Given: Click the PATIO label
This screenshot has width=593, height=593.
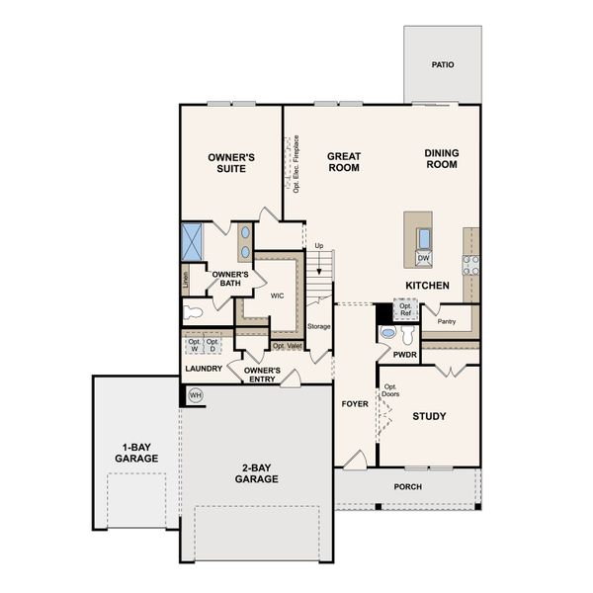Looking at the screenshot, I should point(443,65).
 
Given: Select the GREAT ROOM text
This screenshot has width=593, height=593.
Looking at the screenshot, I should point(344,161).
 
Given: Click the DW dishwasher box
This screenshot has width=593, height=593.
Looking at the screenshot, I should point(423,259).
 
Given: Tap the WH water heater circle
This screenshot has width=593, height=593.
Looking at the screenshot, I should point(195,394).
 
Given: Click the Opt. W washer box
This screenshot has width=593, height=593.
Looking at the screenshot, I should point(194,346).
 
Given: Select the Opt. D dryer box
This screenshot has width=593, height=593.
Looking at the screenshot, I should point(212,346).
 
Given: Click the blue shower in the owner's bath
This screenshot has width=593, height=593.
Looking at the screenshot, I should point(193,240).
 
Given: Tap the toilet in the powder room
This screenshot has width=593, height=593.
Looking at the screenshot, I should point(386,334).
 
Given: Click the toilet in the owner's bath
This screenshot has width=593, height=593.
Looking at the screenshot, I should point(193,313).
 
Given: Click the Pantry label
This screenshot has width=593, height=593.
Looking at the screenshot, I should point(447,320).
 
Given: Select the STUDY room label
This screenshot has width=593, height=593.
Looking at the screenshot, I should point(429,416).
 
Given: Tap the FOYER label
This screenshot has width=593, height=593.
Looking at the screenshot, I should point(355,403).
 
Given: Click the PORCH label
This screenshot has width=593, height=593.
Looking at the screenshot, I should point(407,486).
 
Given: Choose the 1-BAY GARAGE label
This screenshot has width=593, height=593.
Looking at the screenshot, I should point(136,453).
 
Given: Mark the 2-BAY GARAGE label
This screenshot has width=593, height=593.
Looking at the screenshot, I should point(256,472).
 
